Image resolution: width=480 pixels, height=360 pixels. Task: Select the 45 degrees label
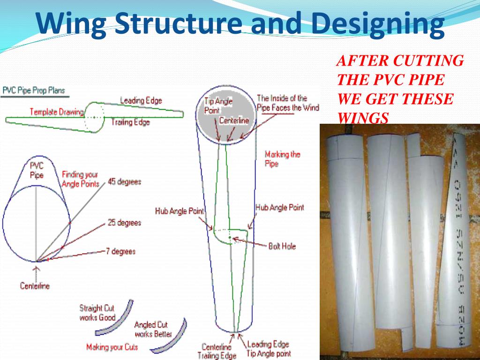point(124,181)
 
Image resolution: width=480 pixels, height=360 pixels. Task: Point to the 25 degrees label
point(124,223)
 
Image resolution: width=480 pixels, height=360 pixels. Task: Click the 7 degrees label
point(120,251)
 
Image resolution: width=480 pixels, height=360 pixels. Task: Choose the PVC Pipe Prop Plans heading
point(34,90)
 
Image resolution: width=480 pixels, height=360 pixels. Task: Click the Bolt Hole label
point(282,246)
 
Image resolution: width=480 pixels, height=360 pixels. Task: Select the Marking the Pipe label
point(282,158)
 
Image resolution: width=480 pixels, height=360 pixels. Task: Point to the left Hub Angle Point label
point(180,211)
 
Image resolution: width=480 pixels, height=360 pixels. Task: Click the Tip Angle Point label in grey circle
point(218,105)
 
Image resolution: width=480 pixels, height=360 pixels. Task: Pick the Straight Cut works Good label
point(97,313)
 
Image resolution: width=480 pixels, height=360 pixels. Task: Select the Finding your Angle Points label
point(81,179)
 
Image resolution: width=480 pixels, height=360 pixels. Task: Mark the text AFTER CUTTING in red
point(400,61)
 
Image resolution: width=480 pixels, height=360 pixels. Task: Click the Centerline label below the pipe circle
point(35,285)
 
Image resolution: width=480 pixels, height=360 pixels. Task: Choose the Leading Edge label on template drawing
point(141,100)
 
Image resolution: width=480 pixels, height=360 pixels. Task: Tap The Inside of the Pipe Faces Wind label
point(287,103)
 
